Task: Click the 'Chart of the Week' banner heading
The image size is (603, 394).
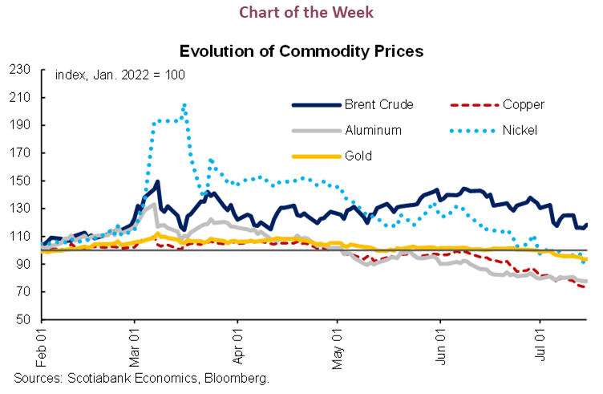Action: [x=301, y=14]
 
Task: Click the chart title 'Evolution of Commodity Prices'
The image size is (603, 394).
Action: [x=301, y=51]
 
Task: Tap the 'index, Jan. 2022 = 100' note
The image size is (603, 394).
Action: [x=120, y=75]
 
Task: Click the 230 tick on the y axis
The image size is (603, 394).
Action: [x=20, y=70]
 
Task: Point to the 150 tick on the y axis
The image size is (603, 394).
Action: [x=20, y=181]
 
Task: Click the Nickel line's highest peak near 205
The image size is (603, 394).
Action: [x=184, y=104]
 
